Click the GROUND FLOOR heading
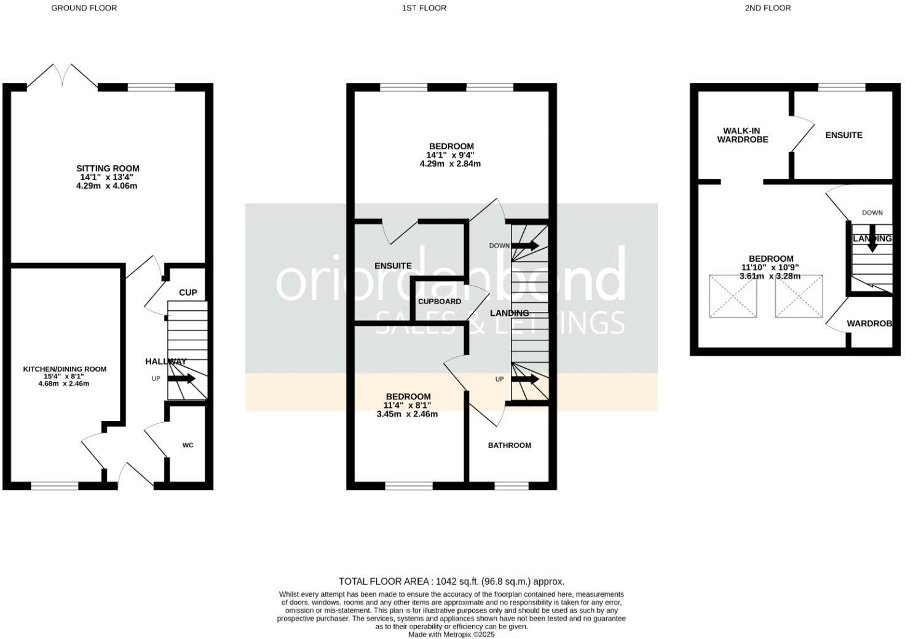pyautogui.click(x=84, y=8)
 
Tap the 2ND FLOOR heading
pyautogui.click(x=767, y=8)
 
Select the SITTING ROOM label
pyautogui.click(x=108, y=168)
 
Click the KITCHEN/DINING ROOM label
pyautogui.click(x=65, y=369)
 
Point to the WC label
pyautogui.click(x=188, y=445)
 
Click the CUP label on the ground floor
pyautogui.click(x=188, y=292)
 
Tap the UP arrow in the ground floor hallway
pyautogui.click(x=181, y=378)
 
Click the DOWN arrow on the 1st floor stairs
pyautogui.click(x=526, y=246)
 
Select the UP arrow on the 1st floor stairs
pyautogui.click(x=526, y=379)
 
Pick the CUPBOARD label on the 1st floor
pyautogui.click(x=439, y=302)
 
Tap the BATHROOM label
pyautogui.click(x=509, y=445)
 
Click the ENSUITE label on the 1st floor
pyautogui.click(x=393, y=266)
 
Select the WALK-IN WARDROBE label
pyautogui.click(x=743, y=135)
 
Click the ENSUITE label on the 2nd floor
pyautogui.click(x=844, y=135)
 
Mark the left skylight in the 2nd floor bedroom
pyautogui.click(x=733, y=296)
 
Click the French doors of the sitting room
pyautogui.click(x=62, y=76)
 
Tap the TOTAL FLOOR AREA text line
pyautogui.click(x=451, y=581)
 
